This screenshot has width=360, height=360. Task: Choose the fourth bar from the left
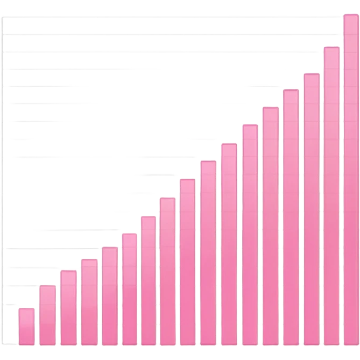pos(89,302)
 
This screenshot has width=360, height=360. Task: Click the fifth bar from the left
pos(110,296)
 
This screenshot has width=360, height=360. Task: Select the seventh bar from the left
pos(148,280)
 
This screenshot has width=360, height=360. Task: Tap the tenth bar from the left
pos(208,252)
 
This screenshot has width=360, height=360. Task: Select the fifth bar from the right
pos(271,226)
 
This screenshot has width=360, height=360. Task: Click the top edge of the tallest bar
pos(351,15)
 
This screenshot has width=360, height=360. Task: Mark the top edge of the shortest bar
pos(26,308)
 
